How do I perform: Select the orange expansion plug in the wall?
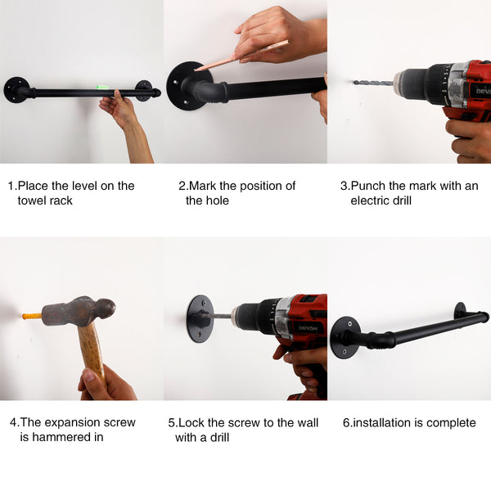31,315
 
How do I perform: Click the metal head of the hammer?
78,312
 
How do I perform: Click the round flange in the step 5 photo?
199,318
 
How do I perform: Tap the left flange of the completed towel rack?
344,336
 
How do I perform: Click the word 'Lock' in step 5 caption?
191,423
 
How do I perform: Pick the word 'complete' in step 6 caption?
448,423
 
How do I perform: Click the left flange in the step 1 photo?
16,89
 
